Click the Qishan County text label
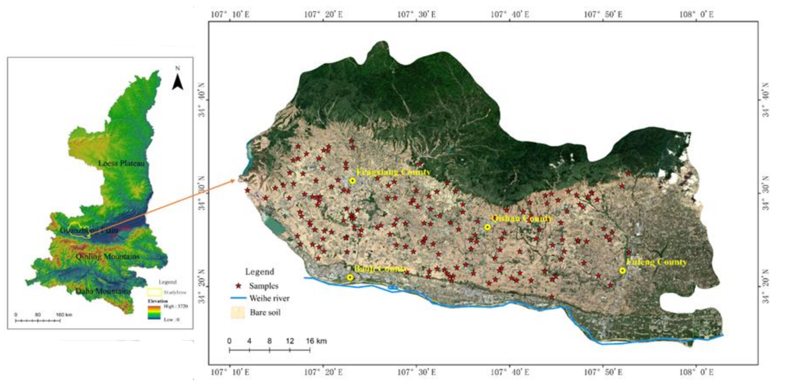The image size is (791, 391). tap(521, 219)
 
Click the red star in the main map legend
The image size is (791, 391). tap(238, 286)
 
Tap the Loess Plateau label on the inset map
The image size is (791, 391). tap(121, 163)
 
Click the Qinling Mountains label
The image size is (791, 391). tap(108, 256)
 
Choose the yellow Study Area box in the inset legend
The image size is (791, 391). tap(155, 292)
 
